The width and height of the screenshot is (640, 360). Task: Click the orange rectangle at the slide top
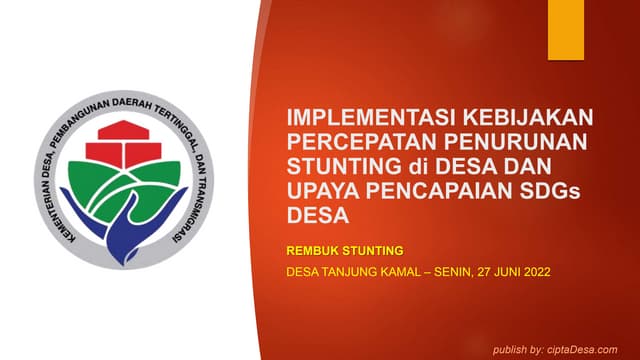click(x=565, y=29)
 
